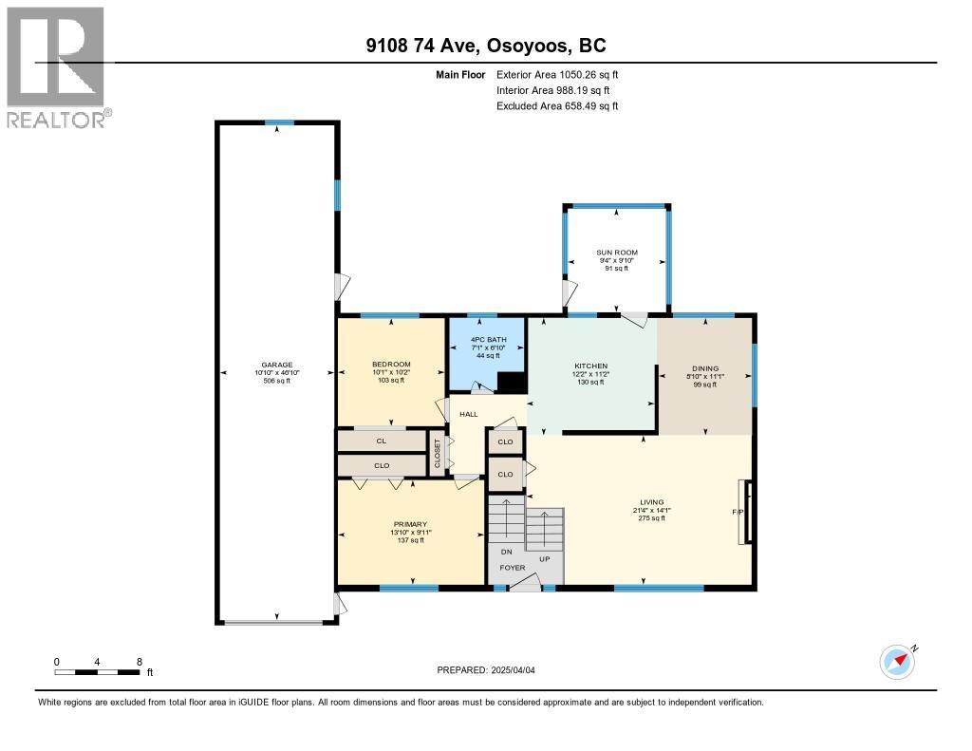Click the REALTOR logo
60,67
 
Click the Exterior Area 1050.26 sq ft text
557,74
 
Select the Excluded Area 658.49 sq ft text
557,106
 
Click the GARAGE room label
277,366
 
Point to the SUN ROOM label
617,253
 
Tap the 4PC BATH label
489,340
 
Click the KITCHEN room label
590,366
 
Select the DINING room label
705,368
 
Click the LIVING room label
652,502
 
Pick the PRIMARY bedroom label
410,524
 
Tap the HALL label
469,414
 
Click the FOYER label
513,568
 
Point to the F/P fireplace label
738,513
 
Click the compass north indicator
898,662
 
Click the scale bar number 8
140,662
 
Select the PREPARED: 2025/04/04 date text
486,670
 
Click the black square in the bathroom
512,383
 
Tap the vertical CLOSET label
437,453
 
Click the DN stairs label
507,552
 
